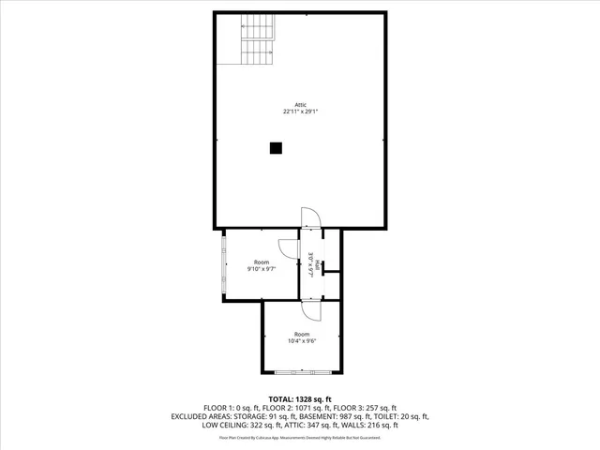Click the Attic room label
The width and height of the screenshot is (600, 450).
[x=300, y=104]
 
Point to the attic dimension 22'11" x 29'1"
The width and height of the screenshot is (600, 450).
[x=300, y=112]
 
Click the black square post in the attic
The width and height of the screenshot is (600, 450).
[x=276, y=147]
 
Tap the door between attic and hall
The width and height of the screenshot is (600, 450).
[x=310, y=217]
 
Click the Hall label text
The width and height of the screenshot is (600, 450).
[x=319, y=265]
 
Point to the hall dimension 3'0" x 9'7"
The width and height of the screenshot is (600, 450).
[x=309, y=264]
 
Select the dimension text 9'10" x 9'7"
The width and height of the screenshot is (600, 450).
[x=261, y=269]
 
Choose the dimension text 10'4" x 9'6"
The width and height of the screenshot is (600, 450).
[x=302, y=341]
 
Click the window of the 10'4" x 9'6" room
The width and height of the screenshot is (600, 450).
[x=302, y=373]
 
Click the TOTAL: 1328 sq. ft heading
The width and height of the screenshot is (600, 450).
[x=300, y=399]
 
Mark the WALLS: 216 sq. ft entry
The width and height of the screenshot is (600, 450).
[x=370, y=425]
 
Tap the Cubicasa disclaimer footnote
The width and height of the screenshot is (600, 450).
[x=300, y=437]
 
